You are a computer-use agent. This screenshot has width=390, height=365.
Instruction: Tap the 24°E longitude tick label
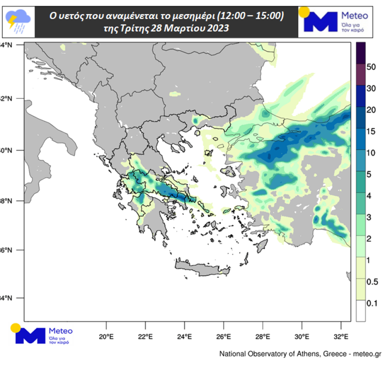click(184, 336)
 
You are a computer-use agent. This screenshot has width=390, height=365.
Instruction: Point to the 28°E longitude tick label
click(263, 336)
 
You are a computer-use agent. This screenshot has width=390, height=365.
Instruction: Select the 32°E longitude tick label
click(341, 336)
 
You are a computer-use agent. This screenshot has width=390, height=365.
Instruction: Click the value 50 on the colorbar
click(372, 67)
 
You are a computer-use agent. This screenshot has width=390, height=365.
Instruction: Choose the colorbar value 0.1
click(372, 303)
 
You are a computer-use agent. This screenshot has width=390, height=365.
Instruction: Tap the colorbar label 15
click(372, 132)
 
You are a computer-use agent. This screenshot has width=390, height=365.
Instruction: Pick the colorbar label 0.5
click(372, 282)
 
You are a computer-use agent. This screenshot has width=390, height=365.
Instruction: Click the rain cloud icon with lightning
click(18, 21)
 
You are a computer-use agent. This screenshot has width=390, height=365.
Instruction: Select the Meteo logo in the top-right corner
click(335, 22)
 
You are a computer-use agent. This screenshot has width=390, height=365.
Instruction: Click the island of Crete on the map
click(202, 268)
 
